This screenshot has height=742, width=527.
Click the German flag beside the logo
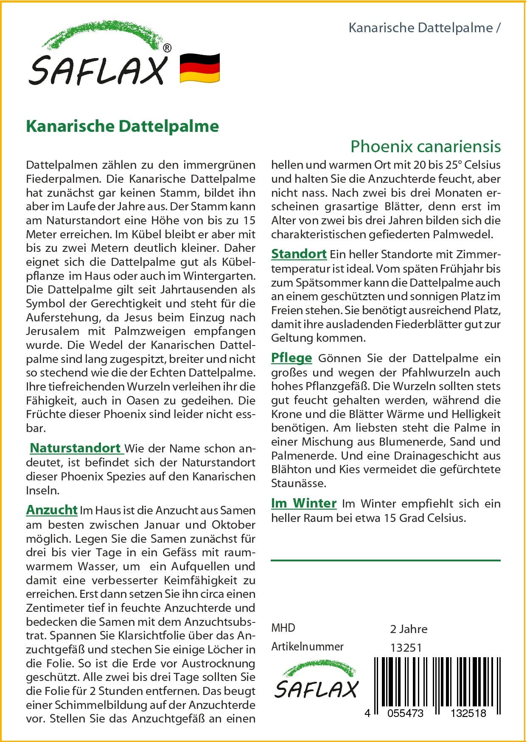[200, 67]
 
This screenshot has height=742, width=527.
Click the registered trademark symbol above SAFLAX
[167, 48]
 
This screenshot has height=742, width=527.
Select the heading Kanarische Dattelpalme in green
[122, 126]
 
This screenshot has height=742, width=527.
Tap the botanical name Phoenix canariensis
[425, 146]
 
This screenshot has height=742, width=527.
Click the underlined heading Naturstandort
[76, 448]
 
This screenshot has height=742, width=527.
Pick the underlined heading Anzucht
[52, 510]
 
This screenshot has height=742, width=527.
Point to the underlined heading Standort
[299, 254]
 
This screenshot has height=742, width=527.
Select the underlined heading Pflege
[292, 358]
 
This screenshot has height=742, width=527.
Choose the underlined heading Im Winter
[304, 503]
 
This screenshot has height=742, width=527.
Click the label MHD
[283, 628]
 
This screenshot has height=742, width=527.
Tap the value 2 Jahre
[409, 629]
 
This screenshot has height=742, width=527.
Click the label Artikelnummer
[307, 647]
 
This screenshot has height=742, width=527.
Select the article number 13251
[406, 648]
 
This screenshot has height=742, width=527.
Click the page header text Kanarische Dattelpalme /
[424, 28]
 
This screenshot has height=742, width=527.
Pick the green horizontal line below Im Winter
[385, 561]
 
